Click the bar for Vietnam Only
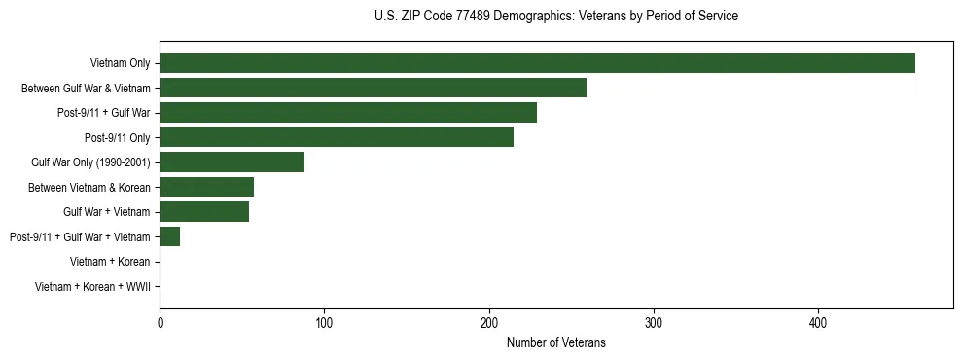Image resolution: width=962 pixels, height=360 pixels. pos(537,63)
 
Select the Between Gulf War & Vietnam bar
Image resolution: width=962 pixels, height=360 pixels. pos(373,88)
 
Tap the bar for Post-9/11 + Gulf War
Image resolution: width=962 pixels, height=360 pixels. pos(348,113)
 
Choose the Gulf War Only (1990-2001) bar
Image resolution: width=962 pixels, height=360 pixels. pos(232,162)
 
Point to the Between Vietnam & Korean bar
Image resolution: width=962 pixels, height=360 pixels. pos(206,187)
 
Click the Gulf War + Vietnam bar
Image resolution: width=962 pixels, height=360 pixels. pos(204,212)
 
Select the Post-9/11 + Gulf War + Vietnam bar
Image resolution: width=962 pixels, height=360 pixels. pos(169,236)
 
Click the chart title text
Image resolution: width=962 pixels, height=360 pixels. pos(555,17)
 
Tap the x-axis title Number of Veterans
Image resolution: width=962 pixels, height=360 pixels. pos(555,342)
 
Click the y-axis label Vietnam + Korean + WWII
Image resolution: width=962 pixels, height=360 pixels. pos(92,287)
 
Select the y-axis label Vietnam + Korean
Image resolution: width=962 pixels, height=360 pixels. pos(110,262)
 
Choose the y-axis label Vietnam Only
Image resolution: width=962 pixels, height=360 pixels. pos(120,63)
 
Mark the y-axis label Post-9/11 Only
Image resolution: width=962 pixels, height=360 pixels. pos(118,137)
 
